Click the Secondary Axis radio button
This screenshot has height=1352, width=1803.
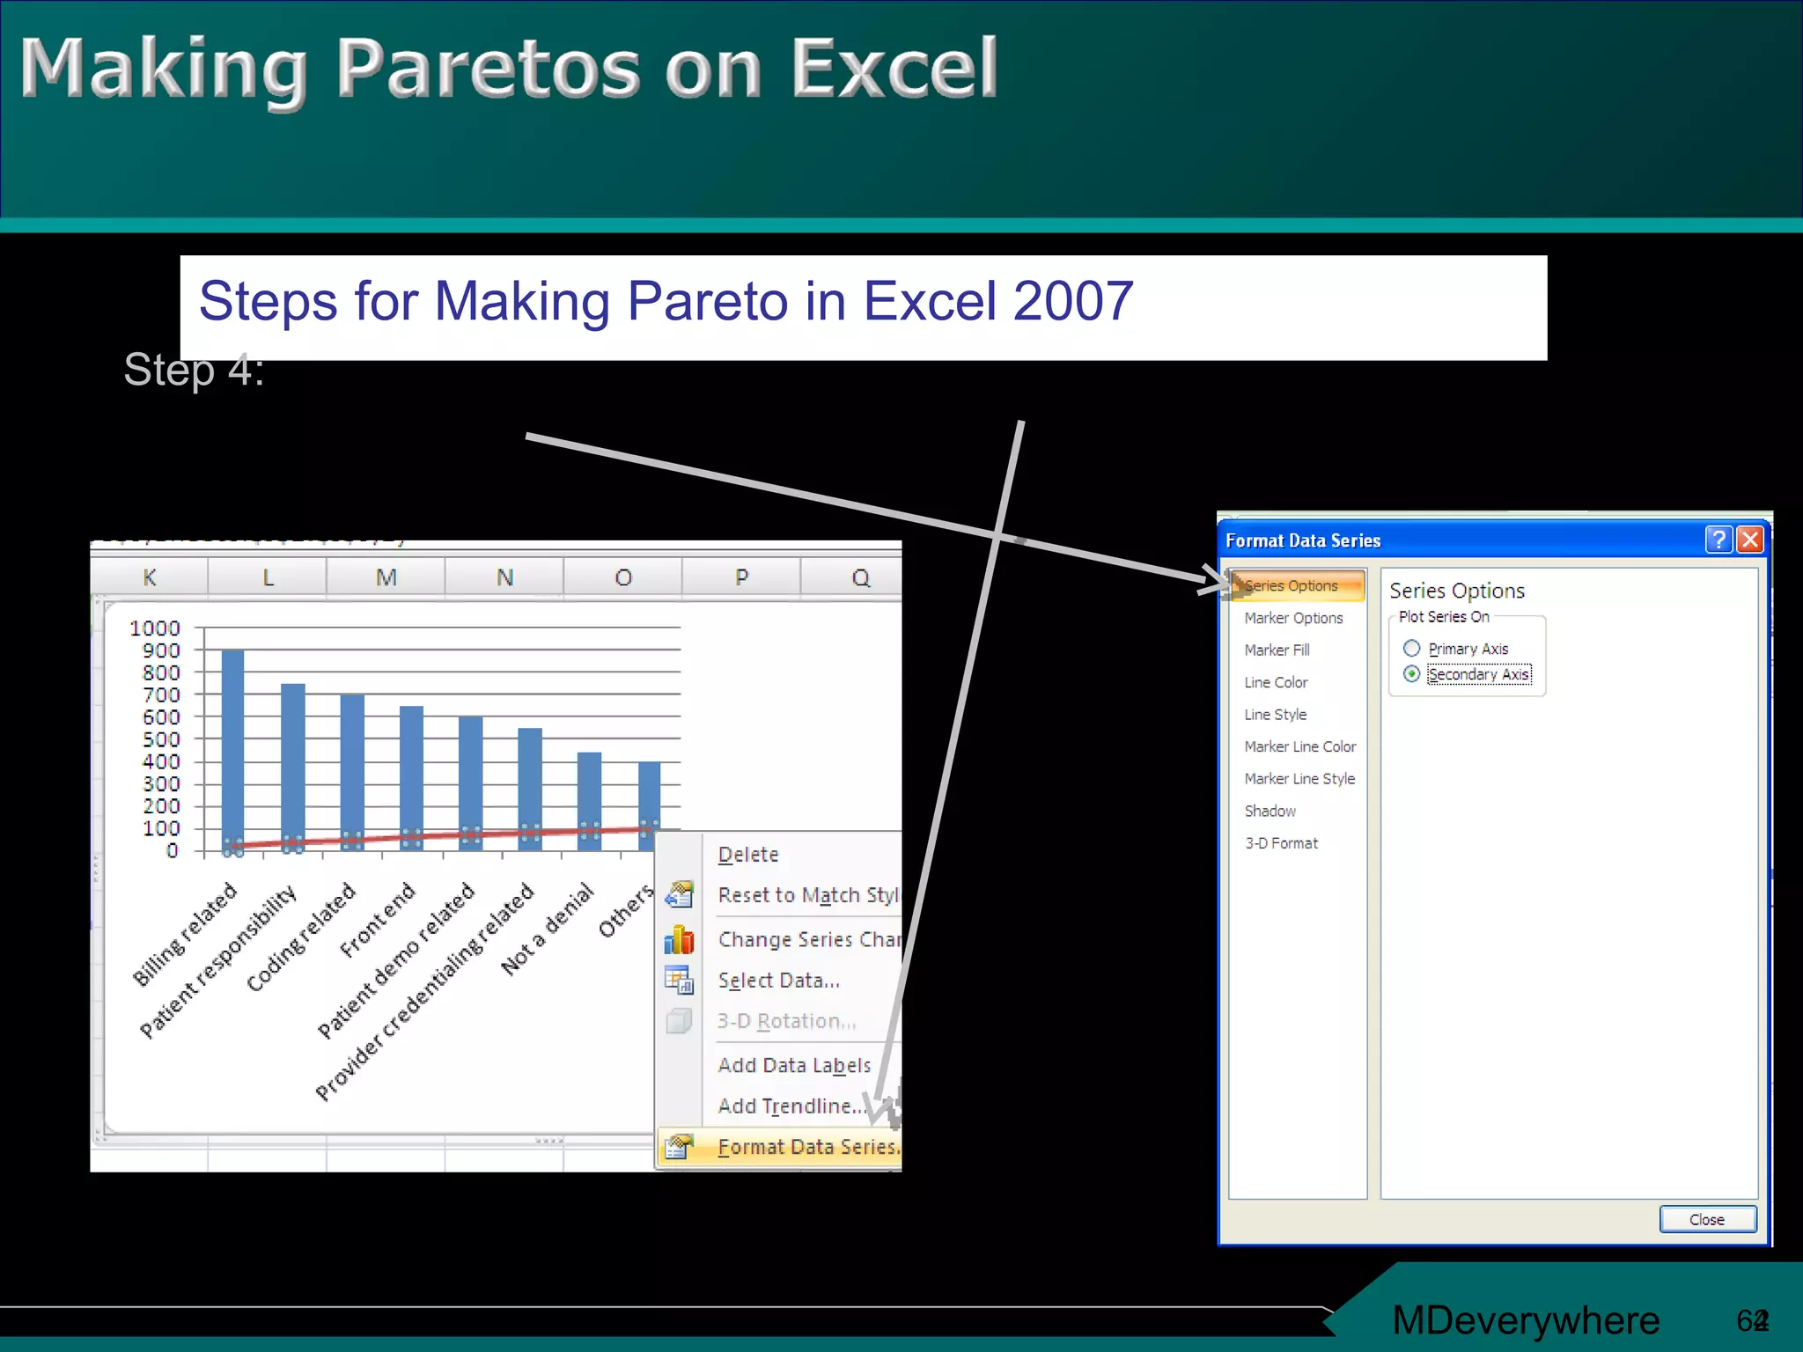point(1412,674)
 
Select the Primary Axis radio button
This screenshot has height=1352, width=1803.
point(1412,649)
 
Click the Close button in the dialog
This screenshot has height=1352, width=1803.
point(1707,1219)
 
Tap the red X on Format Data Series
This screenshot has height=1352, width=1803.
point(1750,540)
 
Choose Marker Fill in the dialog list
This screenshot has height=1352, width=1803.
point(1277,650)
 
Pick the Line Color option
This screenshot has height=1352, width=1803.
point(1276,682)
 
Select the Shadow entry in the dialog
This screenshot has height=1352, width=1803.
point(1269,811)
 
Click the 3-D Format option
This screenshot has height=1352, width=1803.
point(1281,843)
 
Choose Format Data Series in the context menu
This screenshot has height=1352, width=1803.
point(806,1147)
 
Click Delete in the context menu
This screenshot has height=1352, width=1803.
point(748,855)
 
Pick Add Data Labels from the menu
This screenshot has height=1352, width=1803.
point(794,1065)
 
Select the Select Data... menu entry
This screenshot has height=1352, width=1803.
point(778,981)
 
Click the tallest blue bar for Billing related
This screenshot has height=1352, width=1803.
point(233,748)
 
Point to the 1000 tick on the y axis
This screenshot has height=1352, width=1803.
point(154,628)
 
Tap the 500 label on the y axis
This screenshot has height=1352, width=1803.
point(161,739)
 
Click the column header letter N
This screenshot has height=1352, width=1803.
point(504,578)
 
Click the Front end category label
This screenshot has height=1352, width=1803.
point(377,921)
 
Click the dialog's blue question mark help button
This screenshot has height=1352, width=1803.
point(1718,540)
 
